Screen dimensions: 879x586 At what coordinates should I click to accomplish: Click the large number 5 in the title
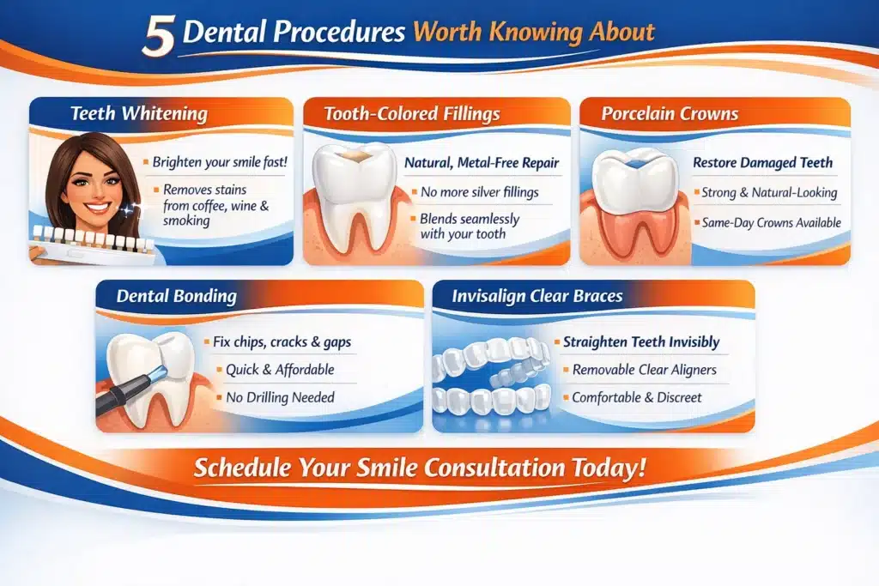159,35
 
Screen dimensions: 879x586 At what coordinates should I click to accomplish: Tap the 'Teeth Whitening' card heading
139,114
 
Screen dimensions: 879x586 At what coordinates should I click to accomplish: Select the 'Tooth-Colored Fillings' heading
412,114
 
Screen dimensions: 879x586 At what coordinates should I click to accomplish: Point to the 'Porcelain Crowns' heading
670,114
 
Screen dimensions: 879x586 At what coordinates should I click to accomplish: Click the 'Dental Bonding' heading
177,296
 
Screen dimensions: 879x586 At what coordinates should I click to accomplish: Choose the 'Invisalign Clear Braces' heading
537,296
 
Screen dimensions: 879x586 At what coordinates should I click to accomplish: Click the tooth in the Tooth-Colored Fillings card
353,196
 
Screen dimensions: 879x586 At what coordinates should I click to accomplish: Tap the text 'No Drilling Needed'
280,397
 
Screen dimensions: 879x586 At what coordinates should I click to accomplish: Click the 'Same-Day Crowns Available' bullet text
772,222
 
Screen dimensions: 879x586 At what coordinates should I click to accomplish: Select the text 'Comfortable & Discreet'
636,397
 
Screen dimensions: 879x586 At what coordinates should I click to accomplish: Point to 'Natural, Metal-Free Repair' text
482,162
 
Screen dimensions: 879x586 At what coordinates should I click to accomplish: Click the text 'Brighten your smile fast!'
220,162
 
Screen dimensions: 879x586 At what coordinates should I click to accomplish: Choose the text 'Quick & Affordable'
280,369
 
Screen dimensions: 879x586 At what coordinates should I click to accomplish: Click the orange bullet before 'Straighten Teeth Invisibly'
557,341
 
